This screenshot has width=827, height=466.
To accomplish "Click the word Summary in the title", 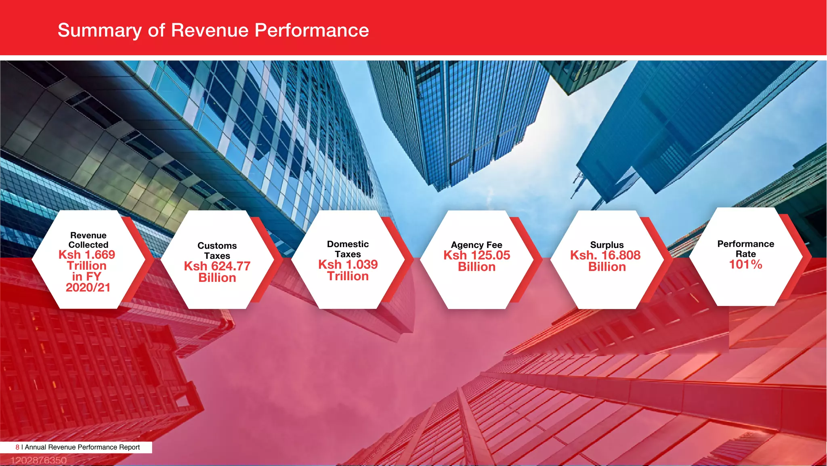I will [99, 31].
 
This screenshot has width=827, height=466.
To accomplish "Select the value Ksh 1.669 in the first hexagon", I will [87, 255].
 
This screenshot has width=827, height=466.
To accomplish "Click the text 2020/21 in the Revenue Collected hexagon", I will [88, 288].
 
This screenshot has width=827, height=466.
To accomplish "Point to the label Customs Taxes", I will [217, 251].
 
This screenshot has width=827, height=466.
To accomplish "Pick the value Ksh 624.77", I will [217, 266].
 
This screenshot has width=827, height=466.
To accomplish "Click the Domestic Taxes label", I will [348, 249].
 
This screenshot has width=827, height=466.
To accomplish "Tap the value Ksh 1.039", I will [348, 264].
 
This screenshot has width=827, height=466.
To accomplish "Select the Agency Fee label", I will [476, 245].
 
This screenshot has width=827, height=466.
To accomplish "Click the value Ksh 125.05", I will [476, 255].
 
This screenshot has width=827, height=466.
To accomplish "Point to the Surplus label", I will [607, 245].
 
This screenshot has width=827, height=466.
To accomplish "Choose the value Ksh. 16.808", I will [605, 255].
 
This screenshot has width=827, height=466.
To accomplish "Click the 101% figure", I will [745, 264].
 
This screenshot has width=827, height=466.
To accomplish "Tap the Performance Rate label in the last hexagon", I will [745, 249].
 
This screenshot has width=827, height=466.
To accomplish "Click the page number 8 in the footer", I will [17, 447].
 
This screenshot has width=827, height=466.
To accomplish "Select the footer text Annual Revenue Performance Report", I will [82, 447].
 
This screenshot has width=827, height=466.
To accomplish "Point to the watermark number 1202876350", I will [38, 460].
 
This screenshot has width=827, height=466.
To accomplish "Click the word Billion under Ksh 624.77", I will [217, 278].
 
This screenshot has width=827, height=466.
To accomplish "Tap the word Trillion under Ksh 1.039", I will [348, 276].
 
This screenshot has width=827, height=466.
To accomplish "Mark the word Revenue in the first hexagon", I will [88, 235].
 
